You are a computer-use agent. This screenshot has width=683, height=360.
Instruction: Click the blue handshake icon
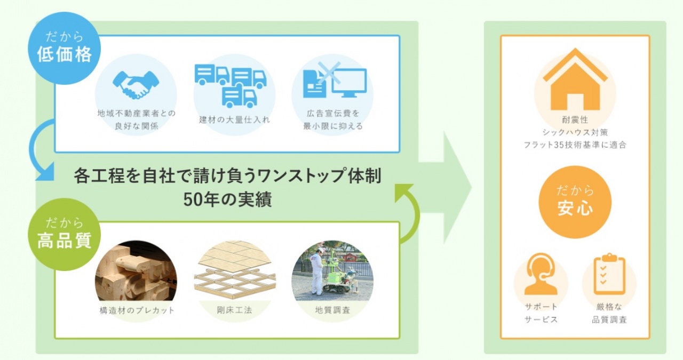click(x=136, y=85)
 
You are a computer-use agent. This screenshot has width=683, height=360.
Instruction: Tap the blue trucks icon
click(x=231, y=86)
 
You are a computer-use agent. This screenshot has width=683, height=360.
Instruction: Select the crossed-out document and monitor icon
click(x=335, y=80)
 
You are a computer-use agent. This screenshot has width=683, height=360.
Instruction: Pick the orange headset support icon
click(x=541, y=274)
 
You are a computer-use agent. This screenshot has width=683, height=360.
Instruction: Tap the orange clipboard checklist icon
click(x=609, y=274)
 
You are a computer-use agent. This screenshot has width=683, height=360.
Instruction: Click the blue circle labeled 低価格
click(x=65, y=48)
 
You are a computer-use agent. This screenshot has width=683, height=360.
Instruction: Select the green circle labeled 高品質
click(x=65, y=235)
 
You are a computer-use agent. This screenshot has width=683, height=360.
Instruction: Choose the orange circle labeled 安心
click(x=575, y=202)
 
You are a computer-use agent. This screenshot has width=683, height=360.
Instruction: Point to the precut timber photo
click(x=136, y=272)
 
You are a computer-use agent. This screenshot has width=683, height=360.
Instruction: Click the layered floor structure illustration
click(x=234, y=268)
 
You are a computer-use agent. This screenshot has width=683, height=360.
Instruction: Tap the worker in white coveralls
click(x=316, y=271)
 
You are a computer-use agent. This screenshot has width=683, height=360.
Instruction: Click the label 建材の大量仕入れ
click(x=234, y=119)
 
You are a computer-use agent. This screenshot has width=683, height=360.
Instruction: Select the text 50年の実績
click(x=227, y=199)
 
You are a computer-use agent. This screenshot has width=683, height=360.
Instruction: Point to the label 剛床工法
click(x=234, y=310)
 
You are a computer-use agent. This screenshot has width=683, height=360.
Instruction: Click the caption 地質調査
click(x=332, y=310)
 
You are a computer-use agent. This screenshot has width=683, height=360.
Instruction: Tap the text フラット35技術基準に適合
click(x=575, y=145)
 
